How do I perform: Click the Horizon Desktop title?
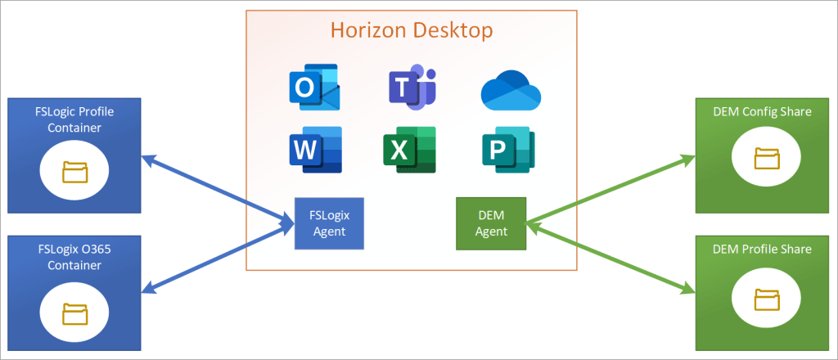click(412, 31)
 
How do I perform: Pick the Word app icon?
click(315, 149)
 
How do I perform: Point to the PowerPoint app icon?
click(507, 150)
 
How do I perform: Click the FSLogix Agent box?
click(329, 223)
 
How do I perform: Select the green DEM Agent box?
click(491, 223)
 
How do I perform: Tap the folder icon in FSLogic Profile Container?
click(74, 172)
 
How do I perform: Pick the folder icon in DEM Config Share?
click(767, 159)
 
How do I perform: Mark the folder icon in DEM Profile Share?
click(767, 299)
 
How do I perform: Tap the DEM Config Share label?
click(767, 112)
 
